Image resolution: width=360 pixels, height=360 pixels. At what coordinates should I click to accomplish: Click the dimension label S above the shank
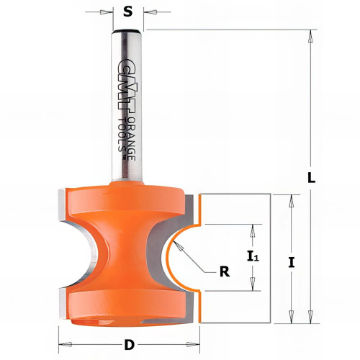[127, 11]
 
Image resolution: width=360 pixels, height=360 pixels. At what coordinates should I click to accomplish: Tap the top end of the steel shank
[127, 32]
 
